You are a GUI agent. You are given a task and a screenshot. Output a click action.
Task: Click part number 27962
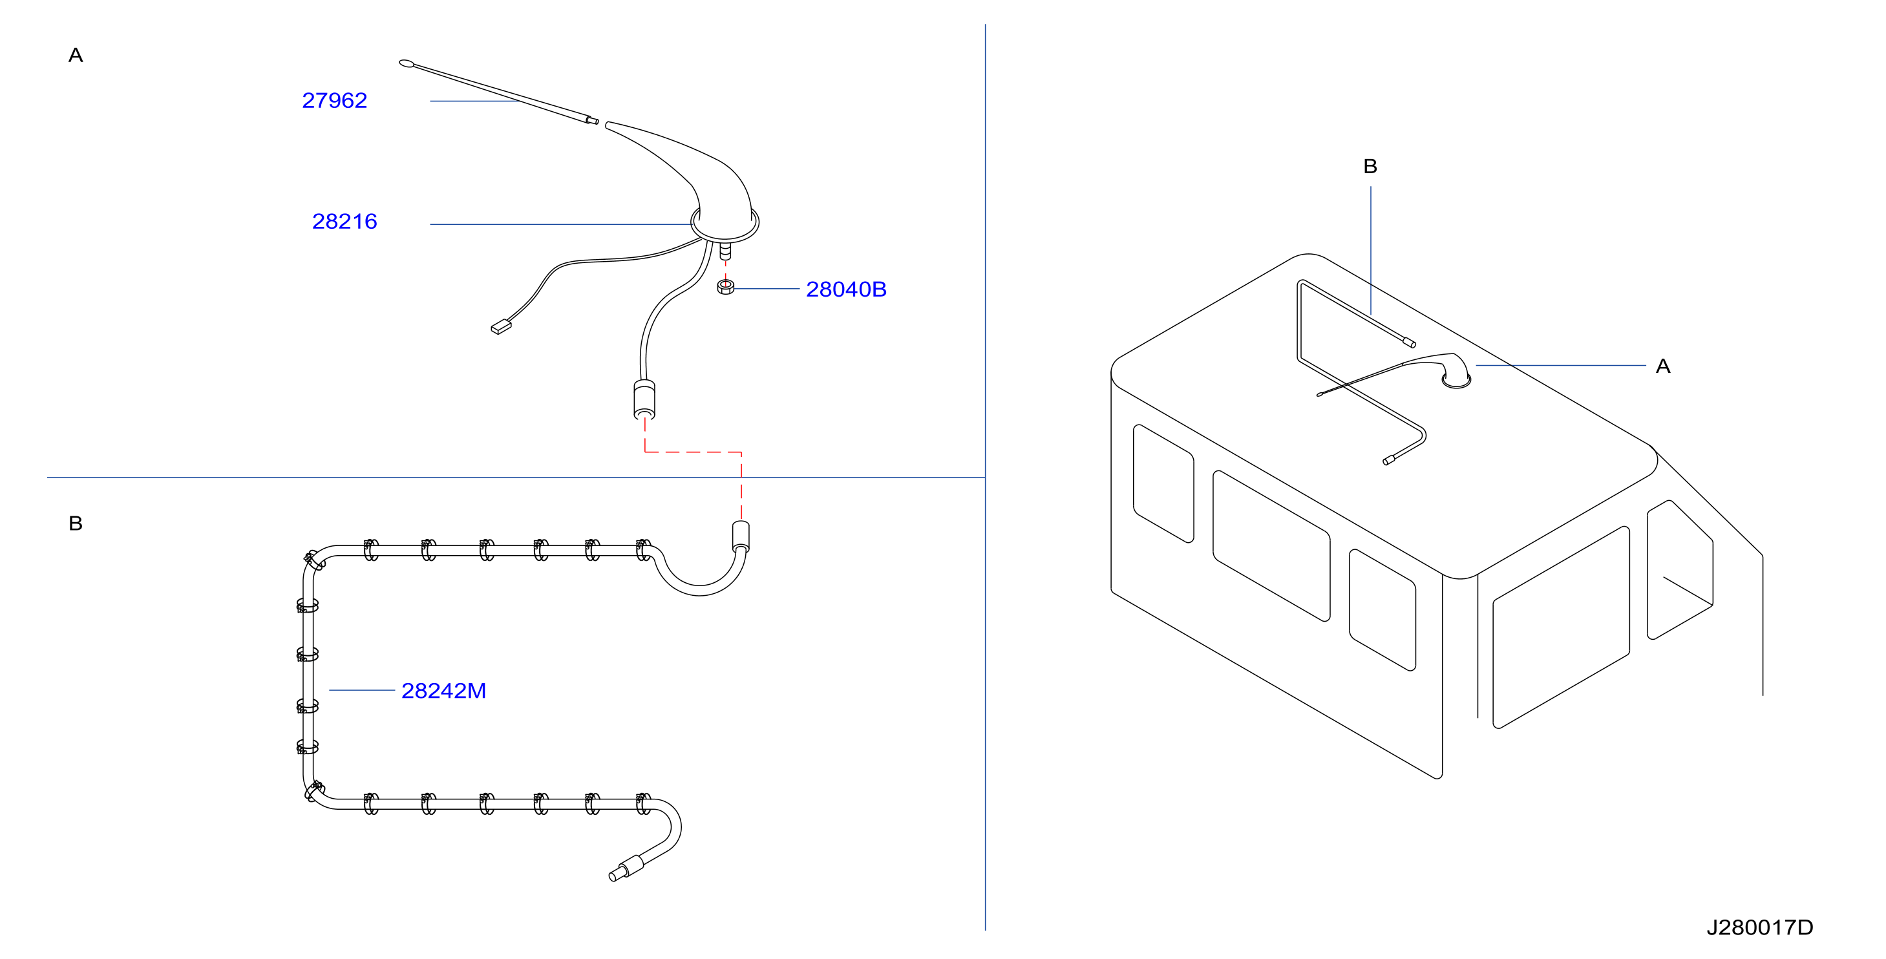coord(335,100)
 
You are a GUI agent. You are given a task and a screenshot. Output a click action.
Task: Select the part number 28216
coord(345,221)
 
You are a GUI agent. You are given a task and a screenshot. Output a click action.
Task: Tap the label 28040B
coord(846,289)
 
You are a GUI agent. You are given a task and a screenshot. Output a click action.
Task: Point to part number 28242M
coord(443,690)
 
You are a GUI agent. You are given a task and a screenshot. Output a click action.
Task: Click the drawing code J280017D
coord(1760,927)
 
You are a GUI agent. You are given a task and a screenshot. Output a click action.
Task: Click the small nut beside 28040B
coord(726,287)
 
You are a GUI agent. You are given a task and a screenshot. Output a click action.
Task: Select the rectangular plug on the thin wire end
coord(501,326)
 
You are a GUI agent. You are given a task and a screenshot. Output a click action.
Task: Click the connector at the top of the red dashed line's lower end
coord(741,536)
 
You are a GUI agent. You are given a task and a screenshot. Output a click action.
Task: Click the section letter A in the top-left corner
coord(76,55)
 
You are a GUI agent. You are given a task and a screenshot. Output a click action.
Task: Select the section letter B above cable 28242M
coord(76,523)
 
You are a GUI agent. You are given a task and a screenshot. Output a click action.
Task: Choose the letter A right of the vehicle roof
coord(1664,366)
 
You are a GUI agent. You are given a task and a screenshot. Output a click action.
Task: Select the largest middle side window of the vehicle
coord(1271,545)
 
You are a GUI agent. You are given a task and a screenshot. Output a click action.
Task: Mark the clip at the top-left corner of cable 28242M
coord(313,562)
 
